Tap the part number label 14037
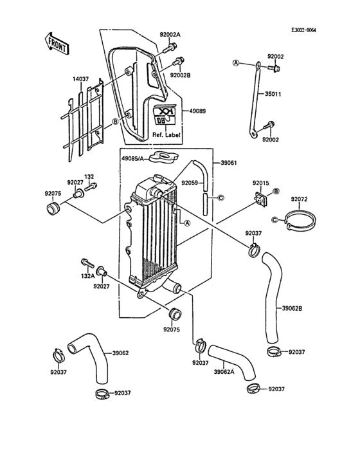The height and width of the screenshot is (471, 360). click(82, 79)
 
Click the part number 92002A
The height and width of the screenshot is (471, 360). click(170, 34)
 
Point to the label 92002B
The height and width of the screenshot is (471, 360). click(181, 75)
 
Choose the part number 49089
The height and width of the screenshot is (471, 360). click(197, 111)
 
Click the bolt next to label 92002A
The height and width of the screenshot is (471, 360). click(172, 46)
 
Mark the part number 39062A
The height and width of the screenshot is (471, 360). click(224, 371)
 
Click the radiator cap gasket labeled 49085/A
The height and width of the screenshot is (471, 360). click(165, 156)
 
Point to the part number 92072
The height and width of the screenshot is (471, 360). click(301, 199)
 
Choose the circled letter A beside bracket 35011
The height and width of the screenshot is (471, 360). click(236, 63)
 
